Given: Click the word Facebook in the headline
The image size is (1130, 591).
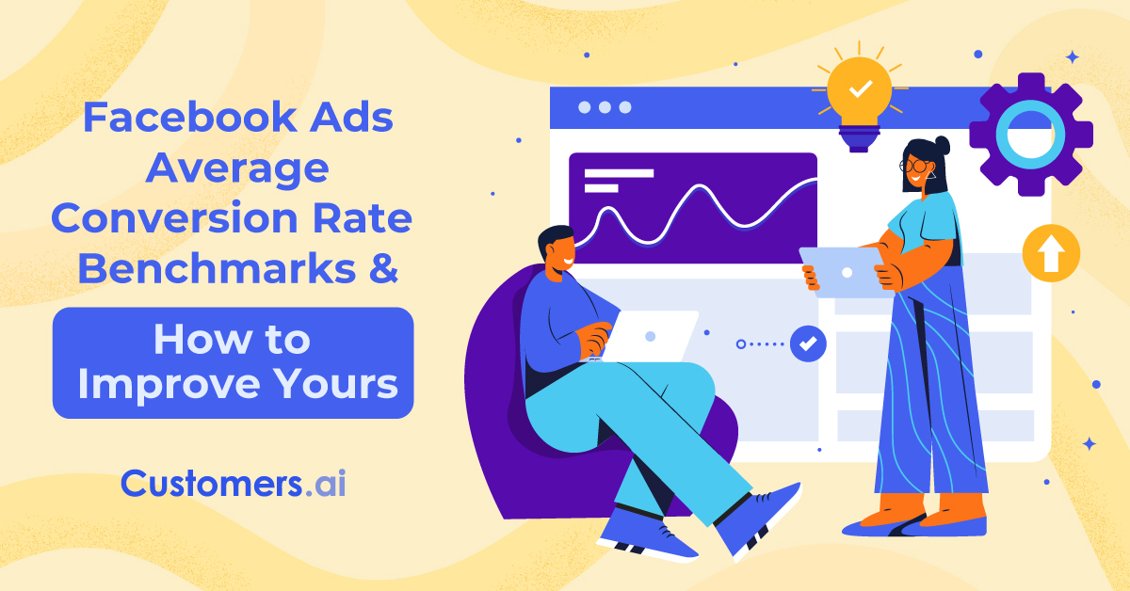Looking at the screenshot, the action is click(190, 117).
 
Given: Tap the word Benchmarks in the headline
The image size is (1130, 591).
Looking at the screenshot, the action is click(217, 268).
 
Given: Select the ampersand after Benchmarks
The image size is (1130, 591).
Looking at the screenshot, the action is click(383, 268).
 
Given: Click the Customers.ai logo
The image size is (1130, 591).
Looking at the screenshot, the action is click(234, 483).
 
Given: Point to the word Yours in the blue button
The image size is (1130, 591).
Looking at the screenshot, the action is click(336, 384).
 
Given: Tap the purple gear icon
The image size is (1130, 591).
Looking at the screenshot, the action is click(1030, 135).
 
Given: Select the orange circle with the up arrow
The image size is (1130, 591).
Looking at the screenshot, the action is click(1051, 253).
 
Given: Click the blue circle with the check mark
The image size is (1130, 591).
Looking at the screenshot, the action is click(808, 343).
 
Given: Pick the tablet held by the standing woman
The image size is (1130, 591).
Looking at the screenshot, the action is click(844, 272).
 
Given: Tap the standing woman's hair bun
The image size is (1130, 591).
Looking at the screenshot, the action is click(942, 146).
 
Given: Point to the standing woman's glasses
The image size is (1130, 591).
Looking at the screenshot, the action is click(915, 166).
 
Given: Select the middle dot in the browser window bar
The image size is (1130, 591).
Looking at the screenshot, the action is click(605, 107).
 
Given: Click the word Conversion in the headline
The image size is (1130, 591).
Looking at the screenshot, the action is click(174, 218).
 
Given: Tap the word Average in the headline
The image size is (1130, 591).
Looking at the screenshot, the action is click(237, 168).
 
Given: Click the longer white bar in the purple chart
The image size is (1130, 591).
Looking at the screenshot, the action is click(619, 173).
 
